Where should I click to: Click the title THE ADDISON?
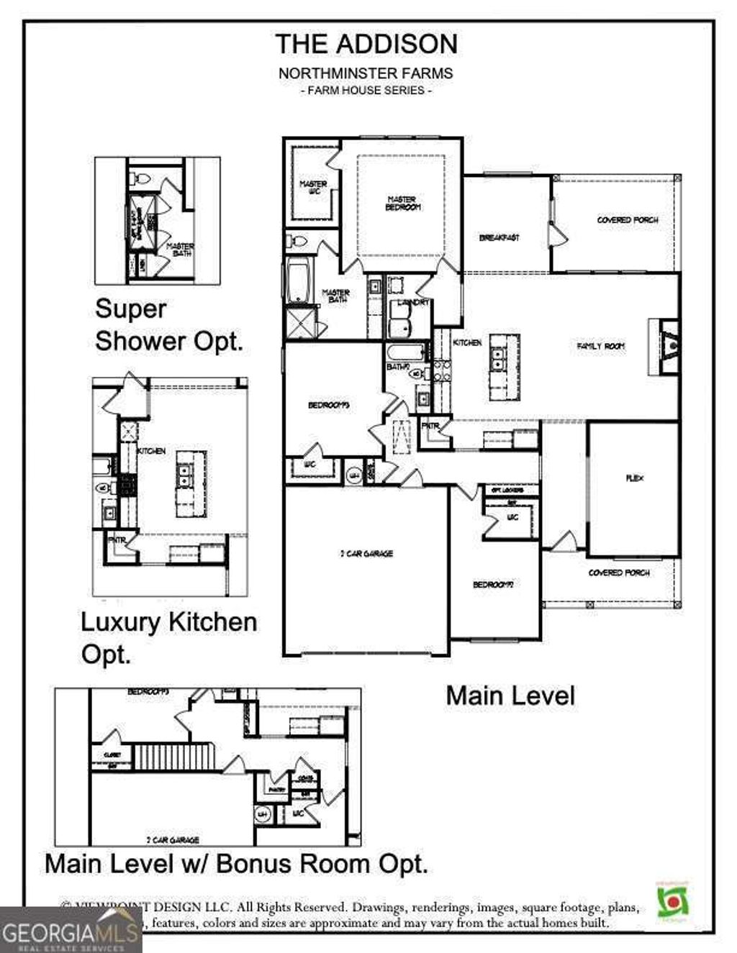coord(366,44)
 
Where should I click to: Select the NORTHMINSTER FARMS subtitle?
coord(366,73)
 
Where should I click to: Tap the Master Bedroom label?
coord(402,204)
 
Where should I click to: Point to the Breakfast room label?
coord(499,237)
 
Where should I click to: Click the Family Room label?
coord(601,346)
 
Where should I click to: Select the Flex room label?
coord(634,478)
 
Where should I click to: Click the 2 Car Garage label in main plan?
coord(366,554)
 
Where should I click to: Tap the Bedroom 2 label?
coord(492,585)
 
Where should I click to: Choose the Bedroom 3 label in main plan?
coord(328,406)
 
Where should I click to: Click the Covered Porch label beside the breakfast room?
coord(627,220)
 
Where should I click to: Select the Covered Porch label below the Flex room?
coord(618,573)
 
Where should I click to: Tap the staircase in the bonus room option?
coord(175,757)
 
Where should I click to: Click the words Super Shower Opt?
coord(168,324)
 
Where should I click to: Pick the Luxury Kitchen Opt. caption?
coord(168,637)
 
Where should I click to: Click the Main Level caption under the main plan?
coord(510,696)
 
